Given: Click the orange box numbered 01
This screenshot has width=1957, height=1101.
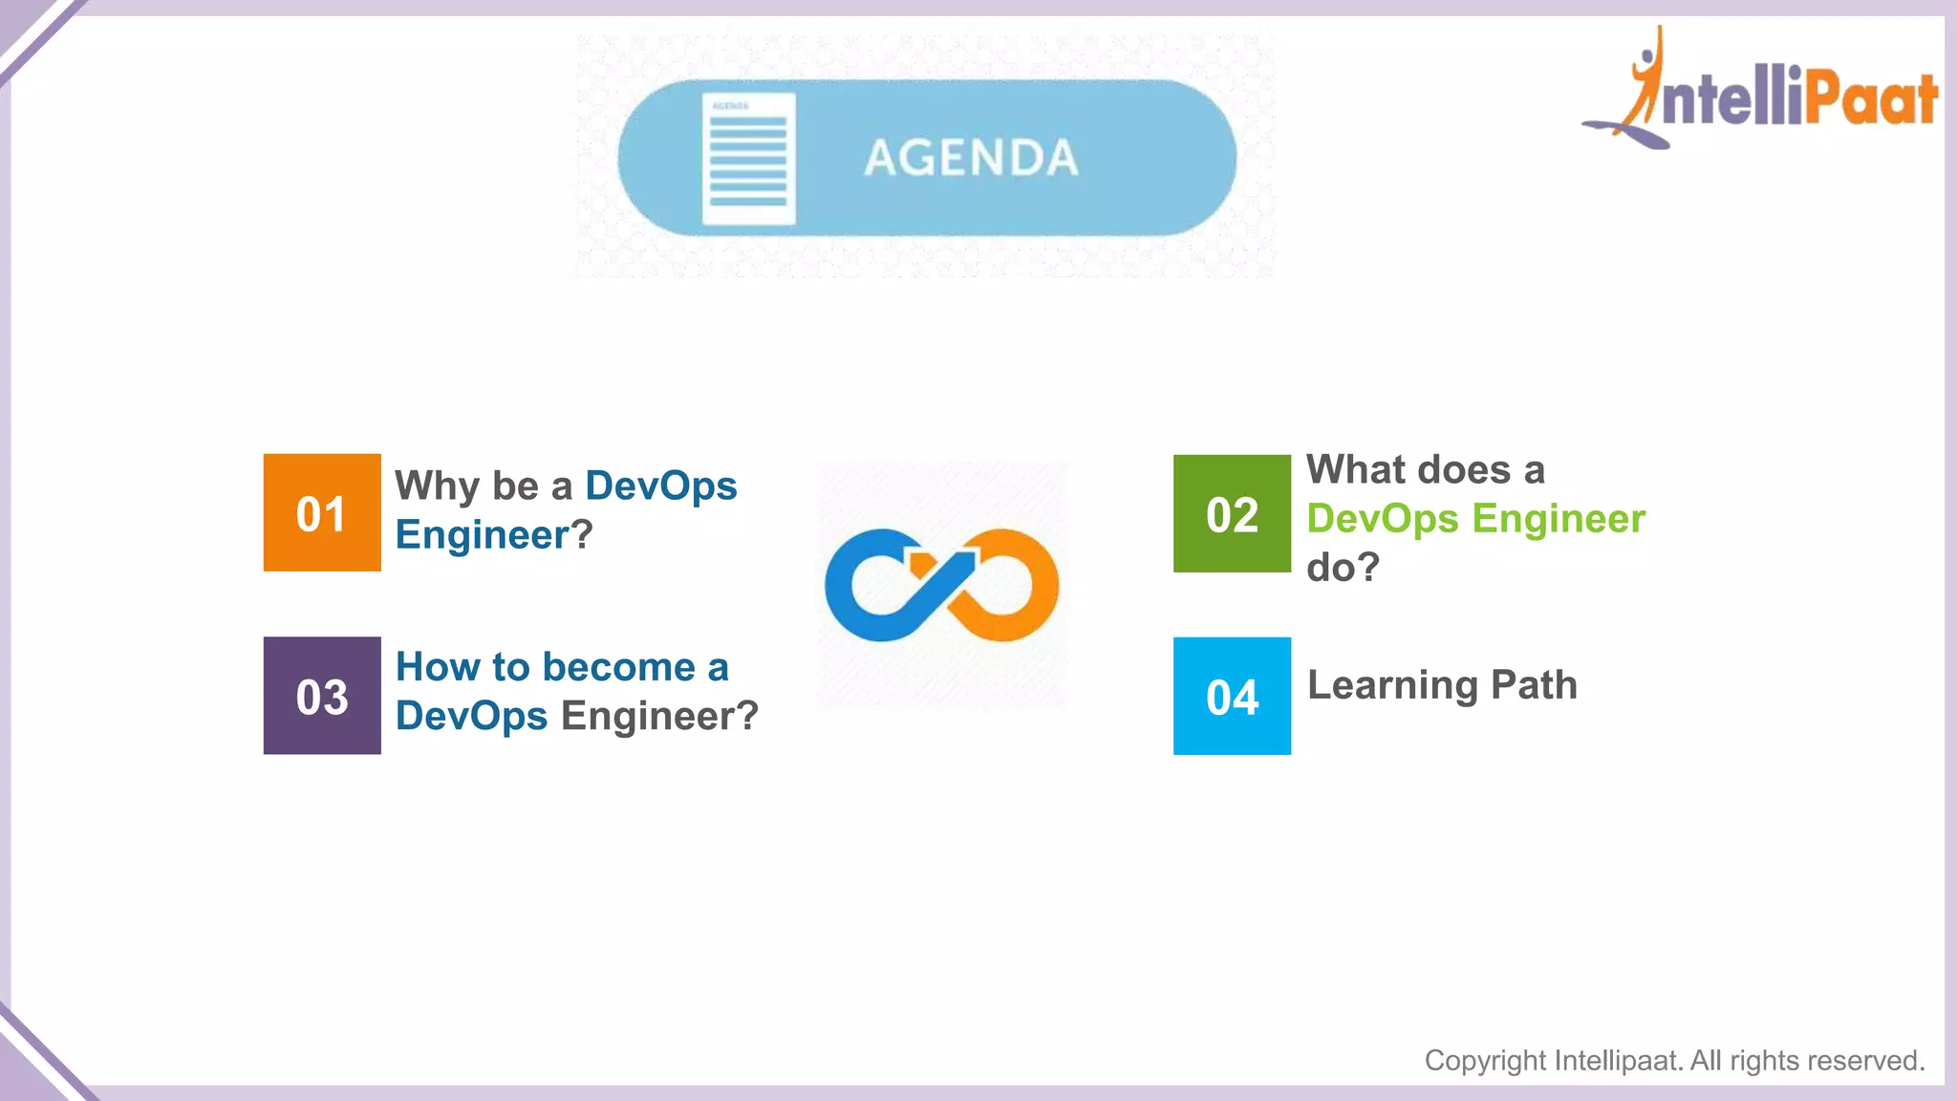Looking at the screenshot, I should point(322,513).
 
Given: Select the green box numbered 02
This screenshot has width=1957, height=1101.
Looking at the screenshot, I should point(1232,514).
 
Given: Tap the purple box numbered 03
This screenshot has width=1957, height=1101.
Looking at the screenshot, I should point(322,696).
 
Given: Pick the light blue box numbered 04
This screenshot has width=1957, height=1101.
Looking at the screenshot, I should point(1232,697).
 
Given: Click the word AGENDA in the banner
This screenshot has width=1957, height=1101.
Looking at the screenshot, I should point(971,158).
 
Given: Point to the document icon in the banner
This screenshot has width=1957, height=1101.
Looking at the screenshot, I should point(748,159).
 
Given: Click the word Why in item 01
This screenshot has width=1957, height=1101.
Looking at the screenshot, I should point(437,486).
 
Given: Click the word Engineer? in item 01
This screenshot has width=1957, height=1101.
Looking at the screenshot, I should point(493,534).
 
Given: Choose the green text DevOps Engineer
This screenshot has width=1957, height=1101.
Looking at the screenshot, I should point(1475,519).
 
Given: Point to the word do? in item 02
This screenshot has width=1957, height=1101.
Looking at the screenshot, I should point(1343,568).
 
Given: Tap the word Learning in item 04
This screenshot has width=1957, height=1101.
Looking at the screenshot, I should point(1392,686).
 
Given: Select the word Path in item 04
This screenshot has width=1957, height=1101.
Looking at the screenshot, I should point(1534,685).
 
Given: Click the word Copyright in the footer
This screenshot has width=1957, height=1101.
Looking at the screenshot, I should point(1484,1061).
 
